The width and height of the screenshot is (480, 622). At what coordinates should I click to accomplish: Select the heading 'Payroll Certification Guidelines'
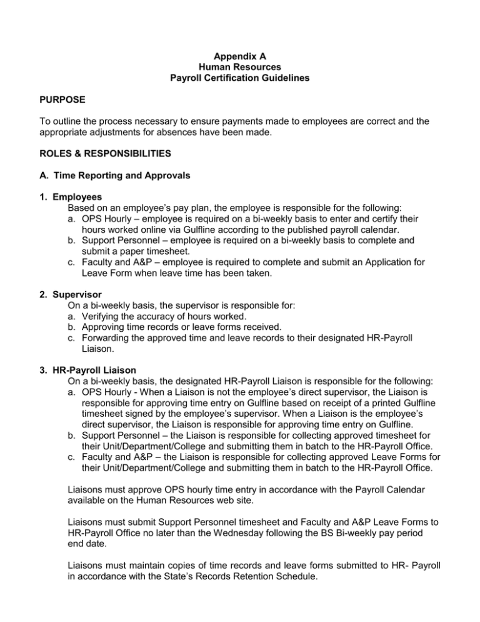click(x=240, y=77)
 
